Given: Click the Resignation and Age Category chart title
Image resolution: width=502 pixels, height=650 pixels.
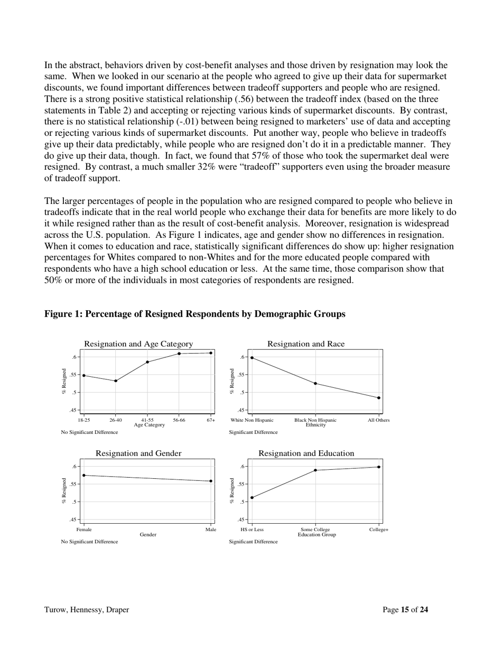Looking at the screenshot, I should click(138, 344).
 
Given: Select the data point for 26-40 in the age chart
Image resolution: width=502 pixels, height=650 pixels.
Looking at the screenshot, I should click(116, 380).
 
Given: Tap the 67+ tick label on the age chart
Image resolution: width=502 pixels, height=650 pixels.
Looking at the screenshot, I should click(211, 420).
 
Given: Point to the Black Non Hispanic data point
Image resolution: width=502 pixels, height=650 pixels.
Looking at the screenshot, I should click(315, 383).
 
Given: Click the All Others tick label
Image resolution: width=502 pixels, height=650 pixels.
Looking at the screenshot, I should click(378, 420).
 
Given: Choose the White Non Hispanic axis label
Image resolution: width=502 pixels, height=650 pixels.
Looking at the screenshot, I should click(252, 420).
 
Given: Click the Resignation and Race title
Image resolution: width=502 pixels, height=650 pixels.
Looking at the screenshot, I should click(305, 344).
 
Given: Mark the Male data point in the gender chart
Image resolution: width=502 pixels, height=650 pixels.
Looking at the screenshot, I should click(211, 481).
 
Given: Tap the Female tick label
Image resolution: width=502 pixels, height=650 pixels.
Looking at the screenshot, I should click(84, 530).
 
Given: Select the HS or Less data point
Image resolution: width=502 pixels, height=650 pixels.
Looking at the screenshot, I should click(252, 497).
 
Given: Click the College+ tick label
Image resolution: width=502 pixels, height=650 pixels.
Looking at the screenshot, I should click(378, 530).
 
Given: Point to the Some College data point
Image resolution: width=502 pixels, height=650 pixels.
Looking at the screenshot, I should click(315, 470).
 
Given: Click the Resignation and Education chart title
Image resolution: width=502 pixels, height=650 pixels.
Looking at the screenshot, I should click(306, 453).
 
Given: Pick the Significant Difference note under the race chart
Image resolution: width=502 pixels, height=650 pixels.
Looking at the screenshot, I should click(253, 432).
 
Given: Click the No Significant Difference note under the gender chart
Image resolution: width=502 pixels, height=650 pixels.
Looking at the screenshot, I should click(89, 542).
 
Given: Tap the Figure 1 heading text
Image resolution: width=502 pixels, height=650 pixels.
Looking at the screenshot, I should click(194, 314).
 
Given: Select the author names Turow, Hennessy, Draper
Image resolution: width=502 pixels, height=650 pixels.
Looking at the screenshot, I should click(87, 610).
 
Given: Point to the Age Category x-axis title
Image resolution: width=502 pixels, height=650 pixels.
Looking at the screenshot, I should click(150, 425).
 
